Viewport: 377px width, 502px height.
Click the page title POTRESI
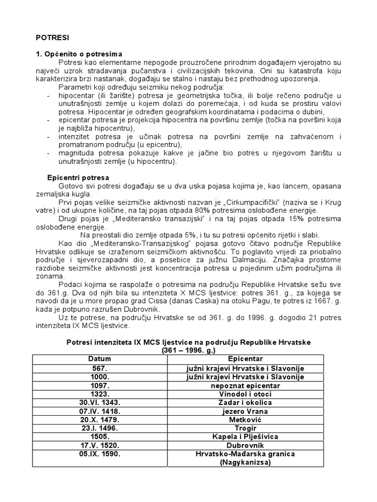pos(53,37)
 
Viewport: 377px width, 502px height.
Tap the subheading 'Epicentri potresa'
pos(78,177)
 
